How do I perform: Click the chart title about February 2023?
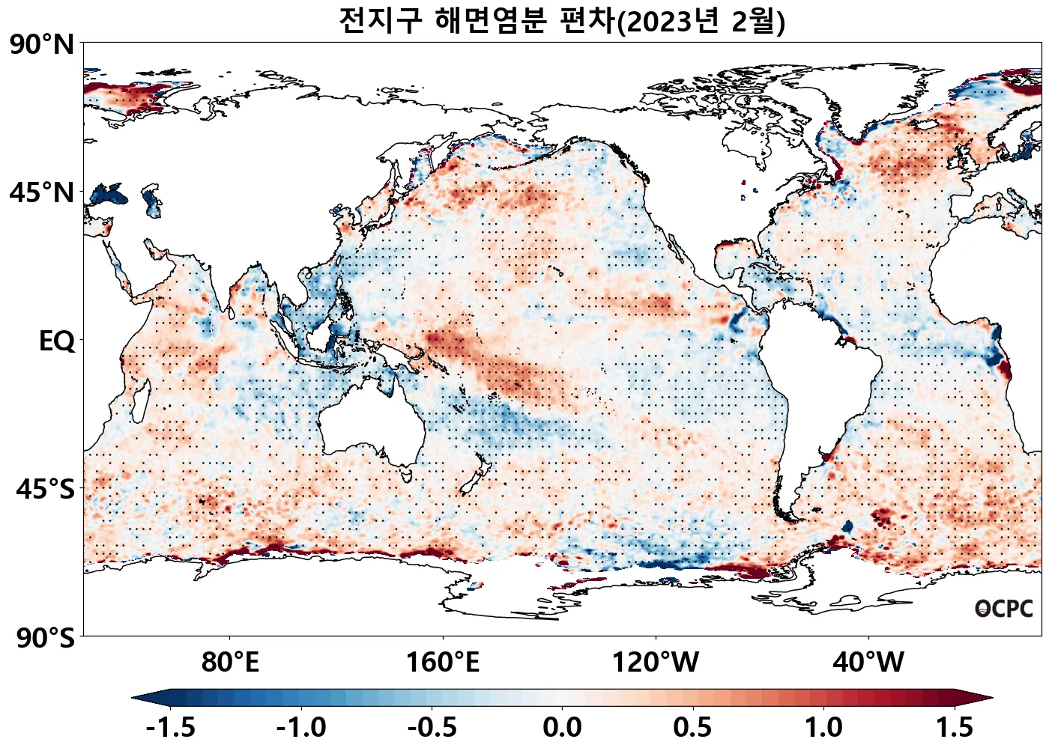[x=562, y=20]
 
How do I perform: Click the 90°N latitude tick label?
[x=42, y=44]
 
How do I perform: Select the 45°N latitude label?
[x=42, y=192]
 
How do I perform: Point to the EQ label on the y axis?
[x=57, y=341]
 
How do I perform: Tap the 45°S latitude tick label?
[x=45, y=489]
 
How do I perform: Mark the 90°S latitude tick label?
[x=45, y=638]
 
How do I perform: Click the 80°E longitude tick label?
[x=230, y=662]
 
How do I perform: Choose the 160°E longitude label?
[x=442, y=662]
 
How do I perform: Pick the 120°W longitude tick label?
[x=656, y=662]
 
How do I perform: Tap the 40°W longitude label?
[x=868, y=662]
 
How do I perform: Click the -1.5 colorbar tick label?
[x=171, y=727]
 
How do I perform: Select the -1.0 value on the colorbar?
[x=301, y=727]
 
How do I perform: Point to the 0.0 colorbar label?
[x=562, y=727]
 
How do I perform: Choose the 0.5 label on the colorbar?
[x=692, y=727]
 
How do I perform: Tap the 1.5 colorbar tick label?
[x=954, y=727]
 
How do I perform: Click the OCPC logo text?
[x=1004, y=609]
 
